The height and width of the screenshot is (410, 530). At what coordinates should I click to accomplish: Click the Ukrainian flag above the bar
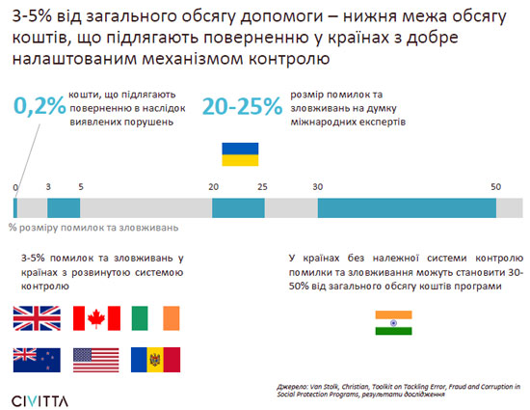(x=240, y=154)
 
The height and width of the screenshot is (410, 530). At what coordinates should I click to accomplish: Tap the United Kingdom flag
(x=37, y=318)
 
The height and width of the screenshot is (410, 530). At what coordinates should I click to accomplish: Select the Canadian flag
(x=96, y=318)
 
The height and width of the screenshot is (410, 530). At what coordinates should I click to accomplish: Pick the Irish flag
(x=155, y=318)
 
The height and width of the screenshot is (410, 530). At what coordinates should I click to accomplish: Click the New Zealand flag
(x=37, y=360)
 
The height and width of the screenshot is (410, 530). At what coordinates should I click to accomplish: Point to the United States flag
(x=96, y=360)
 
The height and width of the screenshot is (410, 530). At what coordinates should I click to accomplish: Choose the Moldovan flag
(x=155, y=360)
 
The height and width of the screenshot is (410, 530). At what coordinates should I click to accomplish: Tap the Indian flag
(x=393, y=323)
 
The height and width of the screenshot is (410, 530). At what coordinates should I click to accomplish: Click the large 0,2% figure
(x=40, y=106)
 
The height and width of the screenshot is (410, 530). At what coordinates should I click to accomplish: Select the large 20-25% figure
(x=242, y=106)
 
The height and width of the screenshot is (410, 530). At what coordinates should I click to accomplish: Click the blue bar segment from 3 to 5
(x=64, y=208)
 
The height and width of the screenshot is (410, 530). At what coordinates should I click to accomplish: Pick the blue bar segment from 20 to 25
(x=238, y=208)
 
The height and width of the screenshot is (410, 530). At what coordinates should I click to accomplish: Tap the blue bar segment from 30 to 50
(x=407, y=208)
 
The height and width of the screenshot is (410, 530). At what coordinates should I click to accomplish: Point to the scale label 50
(x=496, y=187)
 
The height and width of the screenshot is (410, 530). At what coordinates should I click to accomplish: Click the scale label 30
(x=318, y=187)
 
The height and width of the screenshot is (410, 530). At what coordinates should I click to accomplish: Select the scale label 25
(x=262, y=187)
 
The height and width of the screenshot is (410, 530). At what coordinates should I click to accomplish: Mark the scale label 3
(x=48, y=187)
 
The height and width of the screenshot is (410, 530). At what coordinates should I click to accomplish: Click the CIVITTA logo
(x=40, y=401)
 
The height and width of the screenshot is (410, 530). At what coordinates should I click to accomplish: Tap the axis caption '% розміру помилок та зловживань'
(x=93, y=228)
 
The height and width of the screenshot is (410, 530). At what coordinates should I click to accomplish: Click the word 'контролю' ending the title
(x=289, y=59)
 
